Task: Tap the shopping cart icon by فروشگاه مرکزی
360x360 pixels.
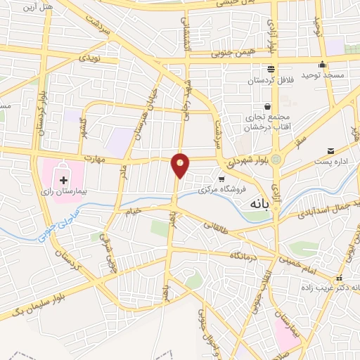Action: pyautogui.click(x=221, y=179)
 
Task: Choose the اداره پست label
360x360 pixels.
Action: pyautogui.click(x=325, y=162)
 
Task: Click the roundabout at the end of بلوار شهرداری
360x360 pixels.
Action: pyautogui.click(x=277, y=160)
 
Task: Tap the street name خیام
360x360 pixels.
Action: pyautogui.click(x=133, y=210)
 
